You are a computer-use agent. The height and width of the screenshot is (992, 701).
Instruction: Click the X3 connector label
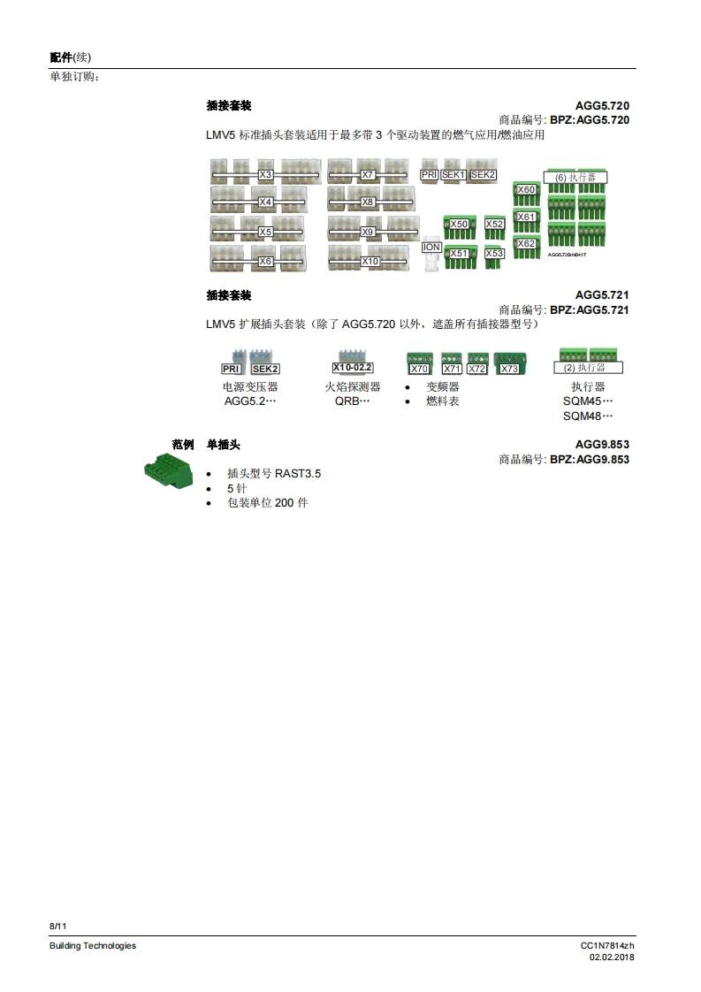tap(265, 175)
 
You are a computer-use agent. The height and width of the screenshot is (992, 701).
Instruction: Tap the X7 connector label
tap(369, 175)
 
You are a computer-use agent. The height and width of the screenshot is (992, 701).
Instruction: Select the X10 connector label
tap(370, 262)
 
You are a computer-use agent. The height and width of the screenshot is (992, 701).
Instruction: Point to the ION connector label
tap(431, 248)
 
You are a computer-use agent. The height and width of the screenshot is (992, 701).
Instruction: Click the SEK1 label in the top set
tap(453, 175)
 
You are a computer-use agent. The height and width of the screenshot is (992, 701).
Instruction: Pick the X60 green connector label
tap(526, 190)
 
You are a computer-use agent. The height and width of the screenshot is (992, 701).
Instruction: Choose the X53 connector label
tap(494, 254)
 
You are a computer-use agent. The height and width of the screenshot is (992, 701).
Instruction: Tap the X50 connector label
tap(459, 225)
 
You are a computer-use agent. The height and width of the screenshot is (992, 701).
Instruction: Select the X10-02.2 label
tap(353, 368)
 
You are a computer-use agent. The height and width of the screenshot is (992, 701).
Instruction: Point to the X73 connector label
tap(509, 369)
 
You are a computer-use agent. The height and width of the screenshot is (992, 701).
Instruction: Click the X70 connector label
tap(419, 369)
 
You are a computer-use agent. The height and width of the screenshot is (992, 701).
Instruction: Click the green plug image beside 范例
tap(169, 469)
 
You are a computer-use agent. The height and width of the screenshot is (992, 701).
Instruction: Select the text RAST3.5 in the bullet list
tap(298, 474)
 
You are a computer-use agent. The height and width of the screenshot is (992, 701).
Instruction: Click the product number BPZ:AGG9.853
tap(590, 460)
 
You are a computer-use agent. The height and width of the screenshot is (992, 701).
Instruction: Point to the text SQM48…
tap(588, 416)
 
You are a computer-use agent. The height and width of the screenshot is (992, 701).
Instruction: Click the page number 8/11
tap(58, 926)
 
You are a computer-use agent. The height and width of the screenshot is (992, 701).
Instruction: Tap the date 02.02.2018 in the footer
tap(612, 958)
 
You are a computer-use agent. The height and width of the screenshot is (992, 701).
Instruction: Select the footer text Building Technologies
tap(93, 946)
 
